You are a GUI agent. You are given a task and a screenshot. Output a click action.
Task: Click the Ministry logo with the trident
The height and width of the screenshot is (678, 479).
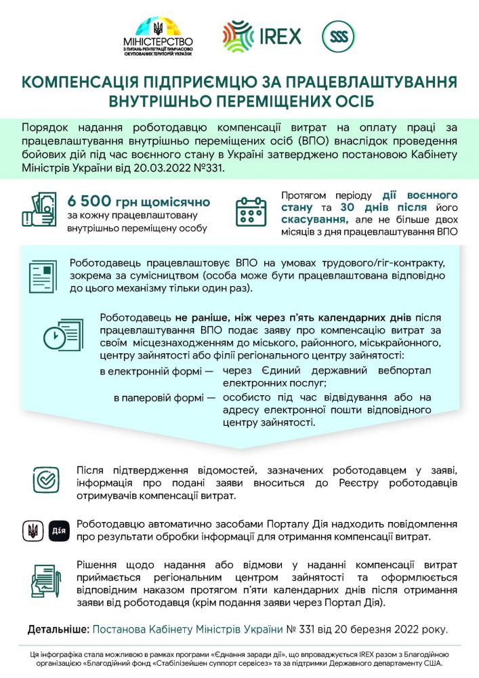[x=162, y=38]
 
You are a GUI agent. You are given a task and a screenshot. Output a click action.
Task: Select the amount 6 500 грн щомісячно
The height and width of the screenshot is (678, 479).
[x=138, y=202]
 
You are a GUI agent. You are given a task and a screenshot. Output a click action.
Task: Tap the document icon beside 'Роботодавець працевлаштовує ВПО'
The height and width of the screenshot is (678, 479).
[x=44, y=276]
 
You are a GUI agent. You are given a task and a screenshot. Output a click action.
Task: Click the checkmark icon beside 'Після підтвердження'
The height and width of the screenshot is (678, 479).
[x=46, y=480]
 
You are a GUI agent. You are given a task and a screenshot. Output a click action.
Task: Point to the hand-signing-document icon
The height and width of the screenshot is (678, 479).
[x=45, y=582]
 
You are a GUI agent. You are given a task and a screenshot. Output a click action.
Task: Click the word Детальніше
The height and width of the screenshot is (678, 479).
[x=58, y=629]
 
